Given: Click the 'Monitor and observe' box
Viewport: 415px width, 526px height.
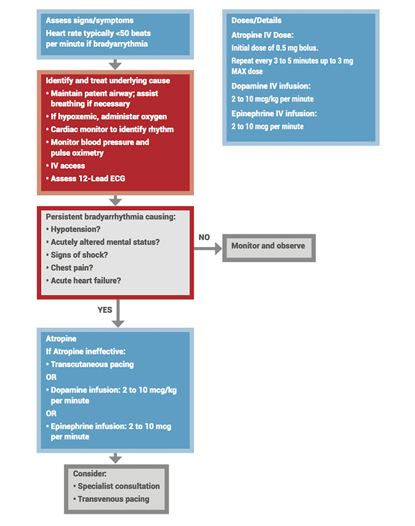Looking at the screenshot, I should (x=268, y=246).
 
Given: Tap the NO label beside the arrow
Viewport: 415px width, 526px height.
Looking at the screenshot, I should (x=204, y=237).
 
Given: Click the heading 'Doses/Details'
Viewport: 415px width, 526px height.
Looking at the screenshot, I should (x=257, y=20).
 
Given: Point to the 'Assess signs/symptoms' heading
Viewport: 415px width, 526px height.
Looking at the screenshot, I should (x=89, y=20).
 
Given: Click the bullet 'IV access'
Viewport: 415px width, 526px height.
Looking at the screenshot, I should (x=68, y=166).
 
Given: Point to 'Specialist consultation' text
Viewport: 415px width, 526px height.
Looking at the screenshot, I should (x=119, y=486).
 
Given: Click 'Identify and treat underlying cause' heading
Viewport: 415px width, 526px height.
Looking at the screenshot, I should (x=108, y=80).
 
